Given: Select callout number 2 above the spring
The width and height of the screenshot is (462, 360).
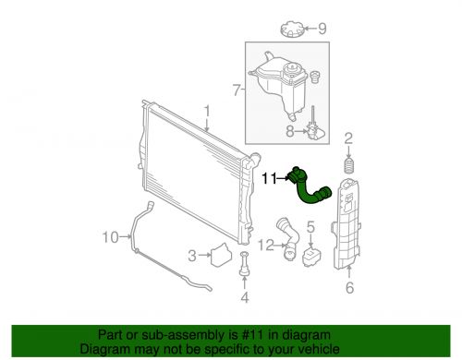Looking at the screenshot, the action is (x=348, y=138).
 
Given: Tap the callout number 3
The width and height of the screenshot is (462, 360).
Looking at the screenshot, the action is (x=192, y=256).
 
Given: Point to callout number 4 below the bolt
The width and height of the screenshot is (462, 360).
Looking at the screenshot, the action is (x=244, y=297).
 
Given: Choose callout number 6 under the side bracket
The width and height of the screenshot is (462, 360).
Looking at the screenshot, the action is (x=349, y=288).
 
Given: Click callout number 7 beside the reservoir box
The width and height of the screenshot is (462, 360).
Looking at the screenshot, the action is (x=237, y=90).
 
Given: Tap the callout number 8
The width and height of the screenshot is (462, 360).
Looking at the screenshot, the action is (x=289, y=132).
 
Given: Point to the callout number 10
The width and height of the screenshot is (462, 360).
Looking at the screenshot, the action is (x=110, y=237).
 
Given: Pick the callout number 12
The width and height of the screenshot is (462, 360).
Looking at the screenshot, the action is (x=265, y=245).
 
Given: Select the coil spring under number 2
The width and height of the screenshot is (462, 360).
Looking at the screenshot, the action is (x=349, y=168).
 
